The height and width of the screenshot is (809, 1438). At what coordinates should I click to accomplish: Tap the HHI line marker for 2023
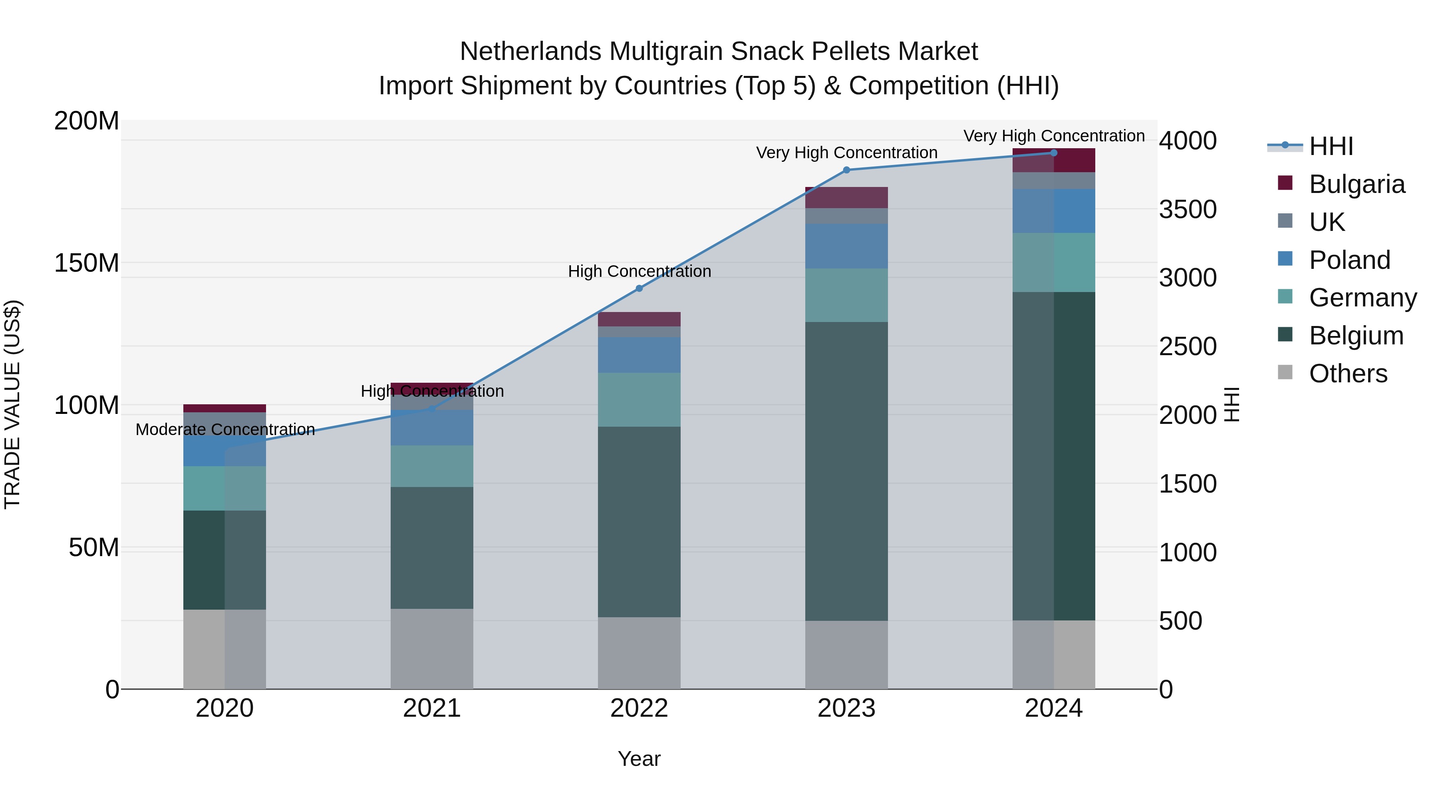click(x=846, y=170)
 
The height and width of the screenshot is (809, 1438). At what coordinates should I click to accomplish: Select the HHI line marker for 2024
click(x=1053, y=153)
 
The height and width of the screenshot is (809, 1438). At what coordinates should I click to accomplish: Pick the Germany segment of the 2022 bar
click(x=639, y=400)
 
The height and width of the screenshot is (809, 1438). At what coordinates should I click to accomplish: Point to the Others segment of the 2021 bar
click(x=431, y=648)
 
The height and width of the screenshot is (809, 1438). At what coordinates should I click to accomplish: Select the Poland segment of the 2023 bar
click(x=846, y=246)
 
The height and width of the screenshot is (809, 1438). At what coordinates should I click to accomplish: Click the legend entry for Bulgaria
click(x=1356, y=184)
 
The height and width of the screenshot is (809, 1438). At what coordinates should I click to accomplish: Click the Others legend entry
click(x=1348, y=374)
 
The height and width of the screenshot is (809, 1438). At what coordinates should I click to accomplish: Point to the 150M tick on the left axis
click(x=87, y=263)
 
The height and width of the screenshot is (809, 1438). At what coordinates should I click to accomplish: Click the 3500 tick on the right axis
click(x=1188, y=209)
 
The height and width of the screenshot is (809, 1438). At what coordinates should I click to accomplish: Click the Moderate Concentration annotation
click(x=225, y=429)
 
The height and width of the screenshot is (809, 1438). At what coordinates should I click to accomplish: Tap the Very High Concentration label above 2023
click(x=846, y=153)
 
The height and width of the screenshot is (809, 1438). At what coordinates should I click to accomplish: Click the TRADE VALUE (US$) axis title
click(x=12, y=404)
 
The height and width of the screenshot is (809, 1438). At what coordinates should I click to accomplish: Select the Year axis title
click(x=639, y=759)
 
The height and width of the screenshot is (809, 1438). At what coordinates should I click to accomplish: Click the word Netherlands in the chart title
click(x=531, y=52)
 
